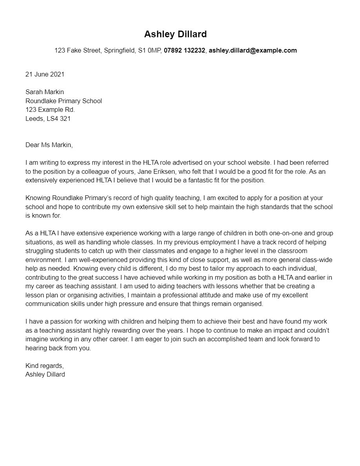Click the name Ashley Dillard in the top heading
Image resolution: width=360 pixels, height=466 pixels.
click(175, 34)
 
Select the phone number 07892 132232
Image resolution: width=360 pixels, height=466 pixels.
click(184, 50)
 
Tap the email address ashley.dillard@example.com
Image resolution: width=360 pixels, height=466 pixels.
click(253, 50)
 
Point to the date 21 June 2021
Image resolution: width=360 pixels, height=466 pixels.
click(45, 74)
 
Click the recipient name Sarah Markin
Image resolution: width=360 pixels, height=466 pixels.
click(45, 92)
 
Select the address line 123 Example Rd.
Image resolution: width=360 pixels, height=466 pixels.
click(50, 109)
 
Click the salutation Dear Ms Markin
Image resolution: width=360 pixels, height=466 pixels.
click(49, 145)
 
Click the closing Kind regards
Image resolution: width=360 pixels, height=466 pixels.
click(44, 366)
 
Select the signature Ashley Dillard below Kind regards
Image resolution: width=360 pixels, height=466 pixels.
click(45, 374)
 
